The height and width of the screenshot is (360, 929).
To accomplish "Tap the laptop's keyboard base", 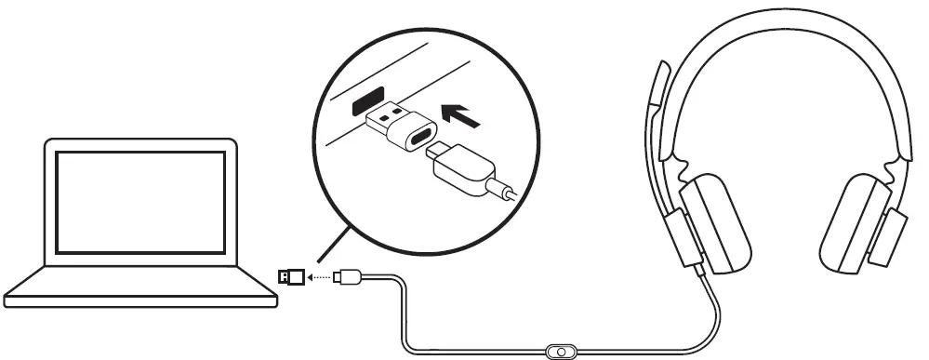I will coord(139,284).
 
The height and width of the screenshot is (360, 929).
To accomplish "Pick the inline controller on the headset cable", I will coord(560,352).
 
